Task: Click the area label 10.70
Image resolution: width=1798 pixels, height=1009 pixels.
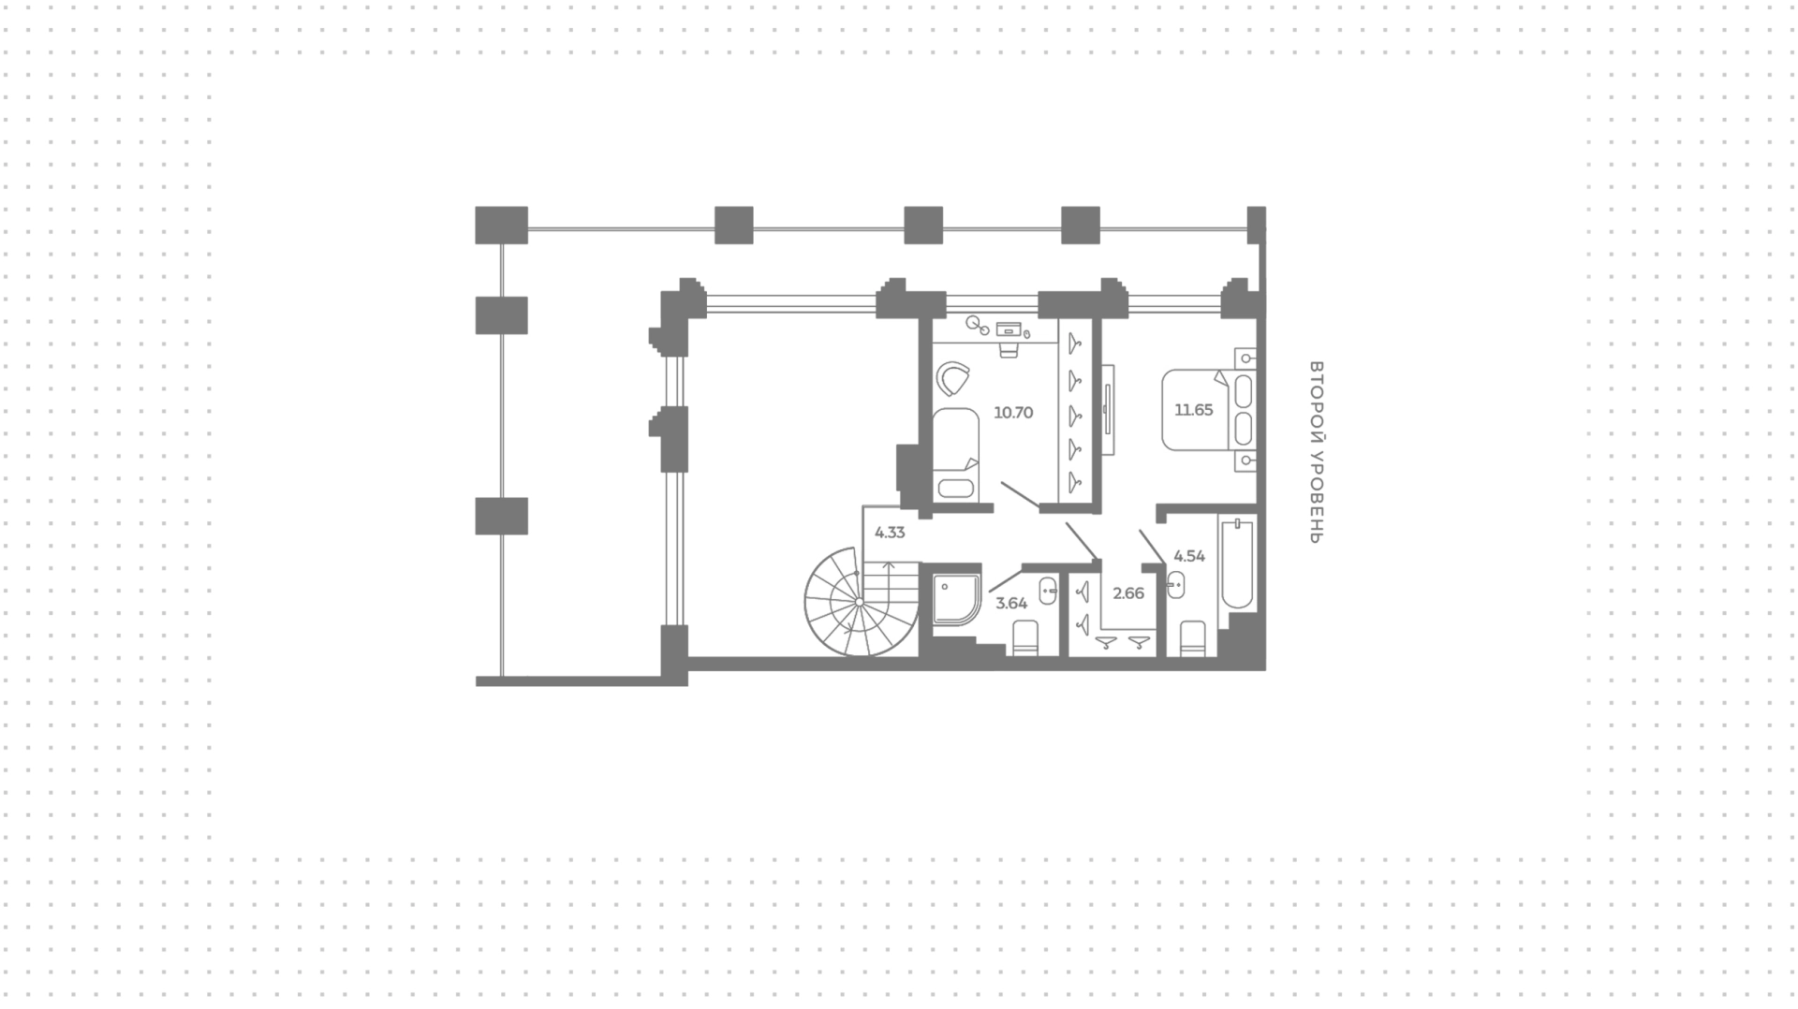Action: [1013, 412]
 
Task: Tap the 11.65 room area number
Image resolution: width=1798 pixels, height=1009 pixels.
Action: [1194, 409]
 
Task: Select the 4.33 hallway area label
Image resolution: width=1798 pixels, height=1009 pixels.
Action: [890, 533]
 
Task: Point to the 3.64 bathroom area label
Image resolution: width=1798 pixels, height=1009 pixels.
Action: [1011, 603]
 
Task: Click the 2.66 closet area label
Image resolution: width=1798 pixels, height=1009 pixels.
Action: [1128, 592]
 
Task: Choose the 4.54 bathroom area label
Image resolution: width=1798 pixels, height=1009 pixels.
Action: [1189, 556]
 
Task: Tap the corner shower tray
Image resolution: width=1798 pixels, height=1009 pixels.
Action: [956, 600]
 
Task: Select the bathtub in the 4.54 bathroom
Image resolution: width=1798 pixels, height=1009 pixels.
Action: [1237, 563]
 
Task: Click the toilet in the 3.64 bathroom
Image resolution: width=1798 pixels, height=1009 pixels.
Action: [1025, 637]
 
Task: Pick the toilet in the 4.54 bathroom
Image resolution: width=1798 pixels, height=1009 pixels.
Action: [1192, 638]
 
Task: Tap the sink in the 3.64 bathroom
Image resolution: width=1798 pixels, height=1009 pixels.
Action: [1049, 591]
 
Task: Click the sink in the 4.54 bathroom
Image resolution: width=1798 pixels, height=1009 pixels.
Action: [1177, 584]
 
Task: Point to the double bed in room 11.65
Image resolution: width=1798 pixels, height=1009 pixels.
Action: [1209, 409]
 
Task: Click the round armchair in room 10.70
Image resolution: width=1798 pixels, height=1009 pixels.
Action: [954, 379]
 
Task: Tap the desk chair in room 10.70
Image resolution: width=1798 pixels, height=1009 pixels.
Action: [1009, 348]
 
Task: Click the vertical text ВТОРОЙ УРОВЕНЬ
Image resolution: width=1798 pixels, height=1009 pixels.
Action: [1316, 452]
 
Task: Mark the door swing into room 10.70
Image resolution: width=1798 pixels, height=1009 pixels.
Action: [1021, 496]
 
